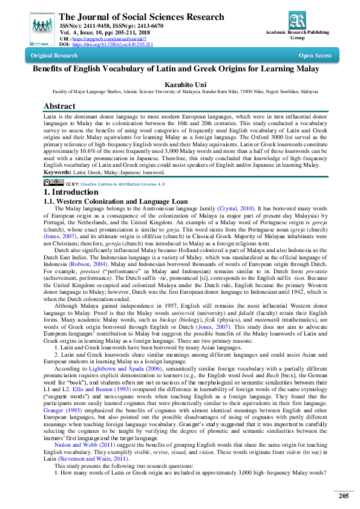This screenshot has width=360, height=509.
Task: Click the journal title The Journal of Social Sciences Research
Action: coord(142,17)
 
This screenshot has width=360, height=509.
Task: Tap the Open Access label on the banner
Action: coord(315,56)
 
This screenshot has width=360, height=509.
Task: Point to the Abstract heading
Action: coord(59,106)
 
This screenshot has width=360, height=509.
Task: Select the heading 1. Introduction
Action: coord(73,175)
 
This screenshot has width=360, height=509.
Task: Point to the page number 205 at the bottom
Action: coord(344,496)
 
